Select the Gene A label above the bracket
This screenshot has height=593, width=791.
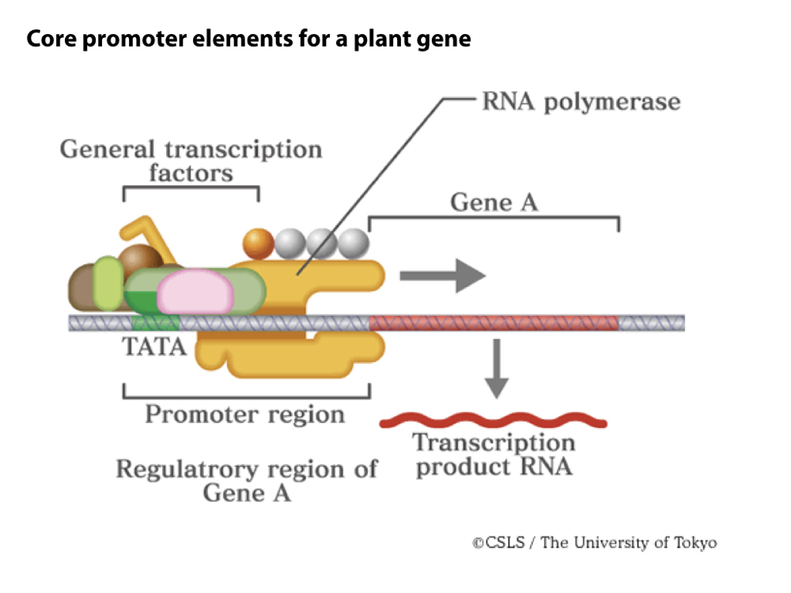click(494, 202)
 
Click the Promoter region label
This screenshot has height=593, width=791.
click(244, 414)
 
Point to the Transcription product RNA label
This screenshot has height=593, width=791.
click(494, 455)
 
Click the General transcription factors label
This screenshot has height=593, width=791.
click(191, 160)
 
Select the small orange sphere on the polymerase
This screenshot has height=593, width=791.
click(258, 240)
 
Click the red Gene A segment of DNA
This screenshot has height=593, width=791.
click(494, 323)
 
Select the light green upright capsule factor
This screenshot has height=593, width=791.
click(108, 282)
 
